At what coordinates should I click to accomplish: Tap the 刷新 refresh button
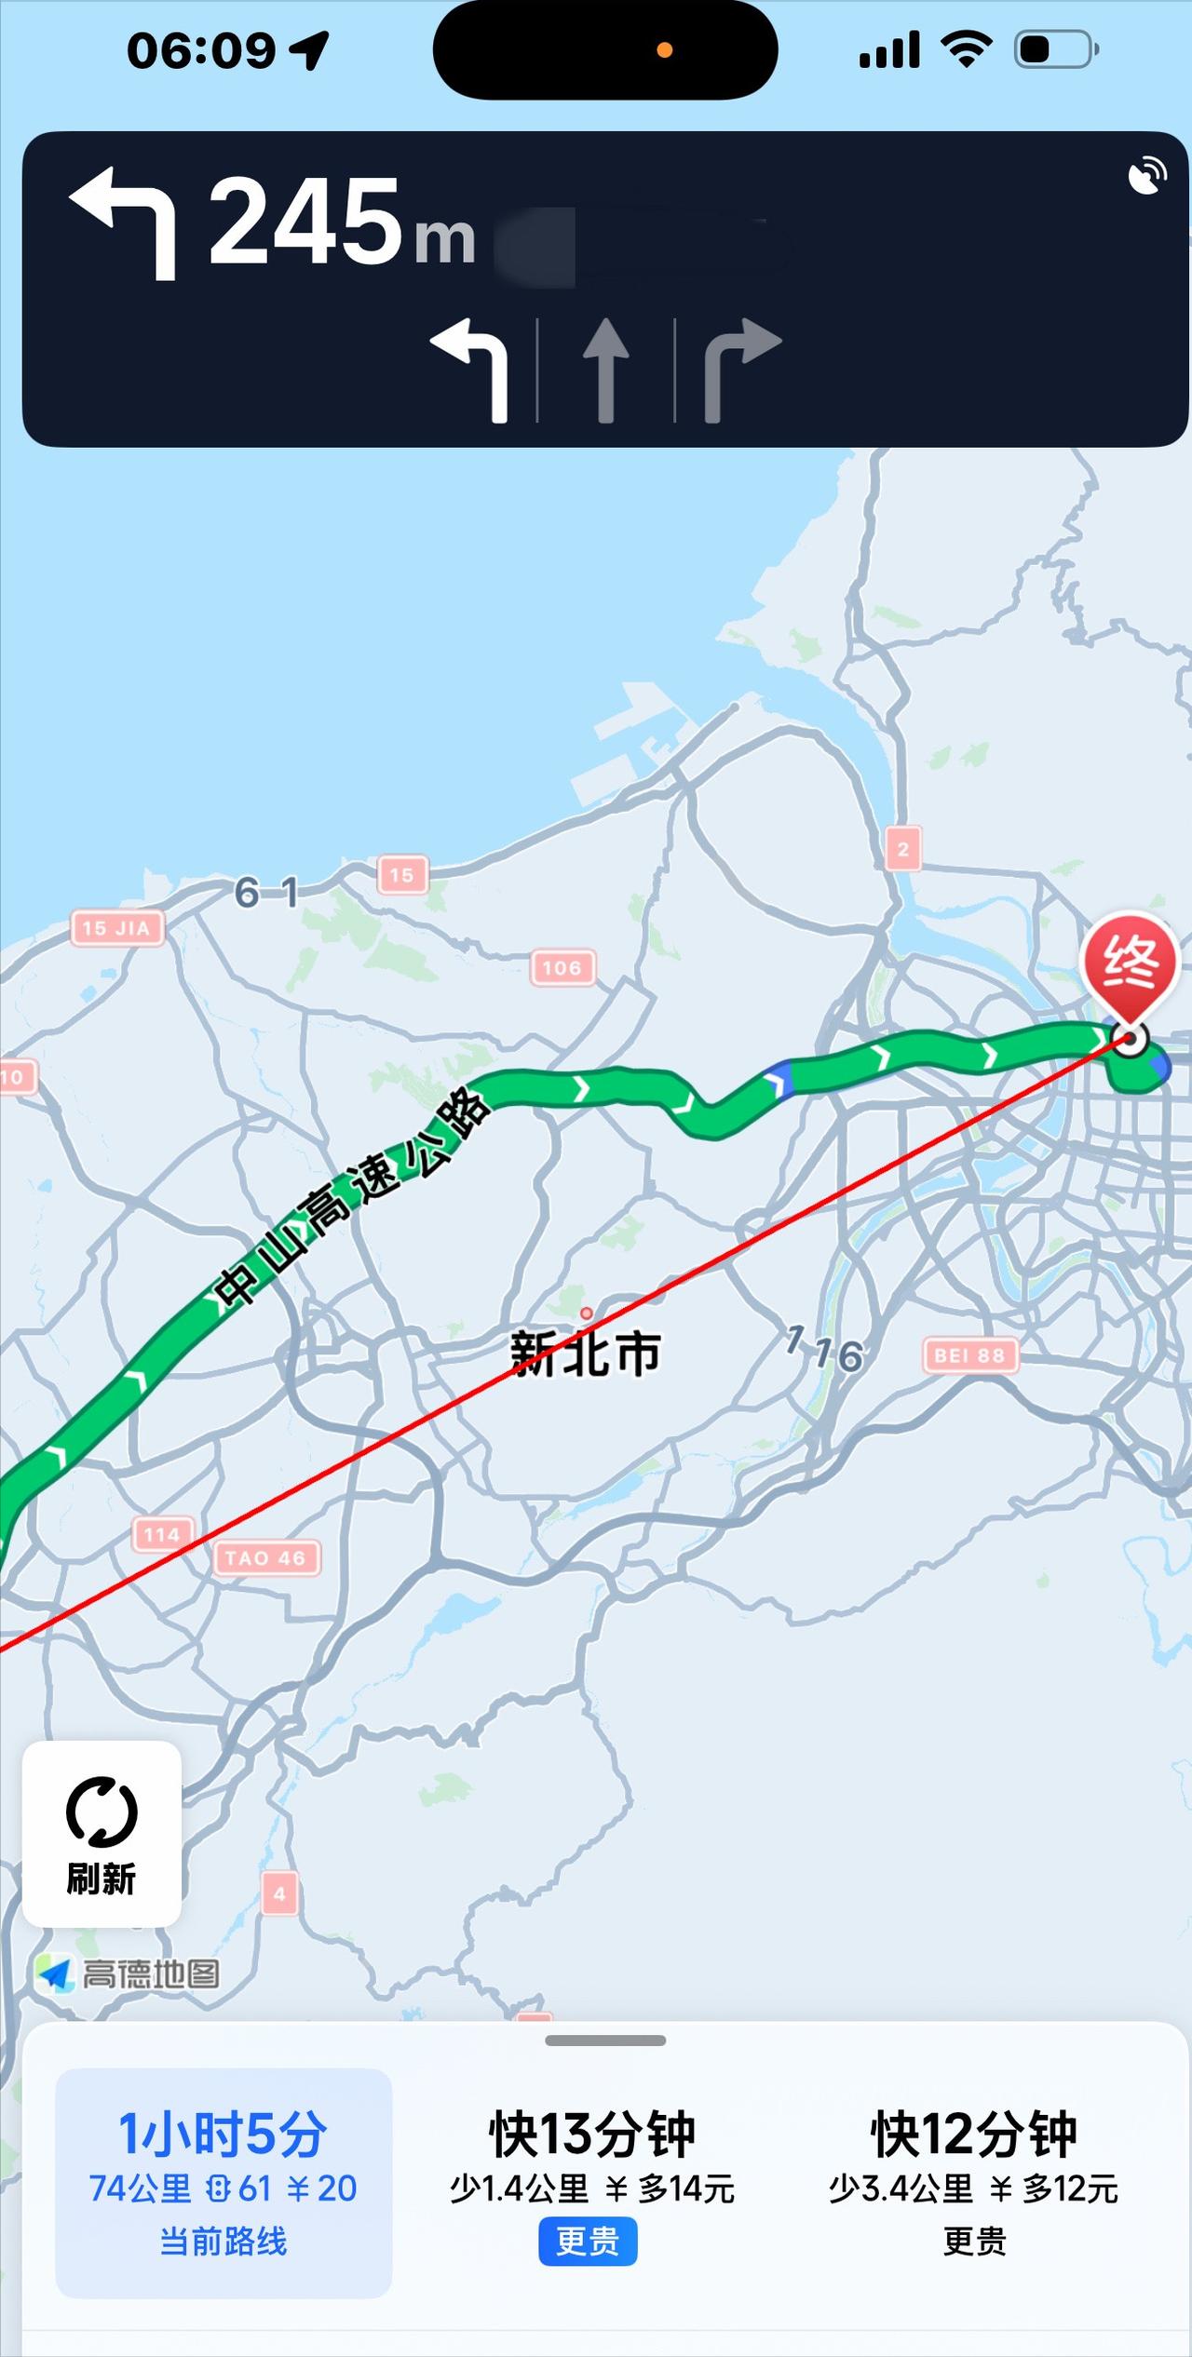tap(102, 1835)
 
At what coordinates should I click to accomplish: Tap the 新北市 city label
tap(586, 1354)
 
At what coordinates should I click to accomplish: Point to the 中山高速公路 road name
tap(350, 1200)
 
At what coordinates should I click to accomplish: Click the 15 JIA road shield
tap(117, 928)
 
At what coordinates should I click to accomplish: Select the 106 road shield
tap(562, 968)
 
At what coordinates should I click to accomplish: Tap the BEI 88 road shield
tap(969, 1355)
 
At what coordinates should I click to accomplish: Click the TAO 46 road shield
tap(265, 1558)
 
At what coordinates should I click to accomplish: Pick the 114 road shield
tap(161, 1534)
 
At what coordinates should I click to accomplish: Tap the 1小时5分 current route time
tap(223, 2135)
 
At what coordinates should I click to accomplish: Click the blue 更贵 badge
tap(588, 2241)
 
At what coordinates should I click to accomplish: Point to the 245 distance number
tap(305, 222)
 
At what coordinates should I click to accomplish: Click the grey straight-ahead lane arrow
tap(605, 370)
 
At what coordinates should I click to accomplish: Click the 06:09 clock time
tap(201, 50)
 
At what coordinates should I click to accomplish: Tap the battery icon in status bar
tap(1055, 49)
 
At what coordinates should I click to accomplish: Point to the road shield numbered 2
tap(902, 849)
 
